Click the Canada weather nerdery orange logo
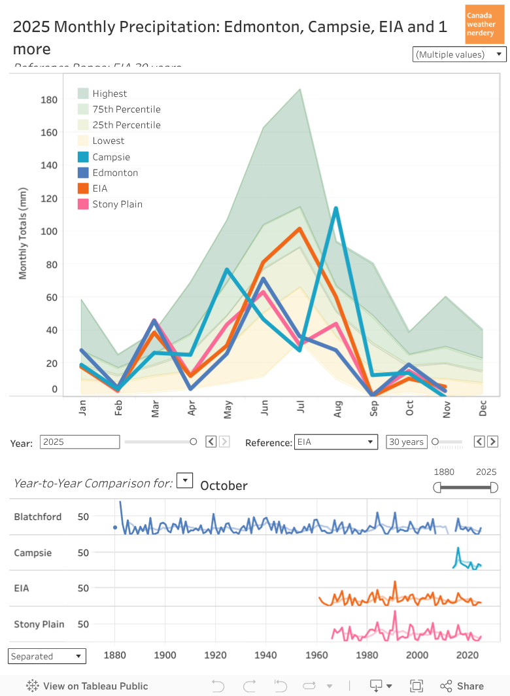point(484,24)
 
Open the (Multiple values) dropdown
point(460,54)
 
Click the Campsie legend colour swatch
point(84,157)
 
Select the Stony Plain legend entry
point(117,204)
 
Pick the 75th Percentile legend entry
point(126,109)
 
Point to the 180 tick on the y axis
point(50,100)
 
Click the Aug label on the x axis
point(338,409)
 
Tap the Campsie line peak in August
point(336,208)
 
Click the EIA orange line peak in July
point(299,228)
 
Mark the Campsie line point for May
point(227,270)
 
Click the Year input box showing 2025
point(80,442)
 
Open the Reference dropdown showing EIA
point(336,442)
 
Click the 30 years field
point(406,442)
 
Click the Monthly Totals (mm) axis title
point(24,234)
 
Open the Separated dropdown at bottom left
point(47,656)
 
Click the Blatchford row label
point(38,517)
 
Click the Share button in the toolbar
point(463,686)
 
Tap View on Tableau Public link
point(88,686)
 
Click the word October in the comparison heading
point(224,485)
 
